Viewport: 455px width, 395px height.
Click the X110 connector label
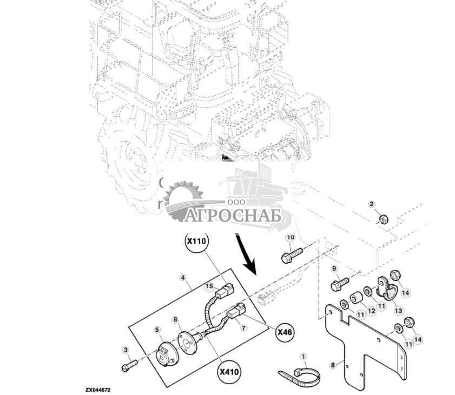point(196,243)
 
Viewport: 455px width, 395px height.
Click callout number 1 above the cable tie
point(304,357)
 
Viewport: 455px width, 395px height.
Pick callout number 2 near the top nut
point(371,204)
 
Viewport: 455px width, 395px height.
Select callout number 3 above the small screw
point(126,351)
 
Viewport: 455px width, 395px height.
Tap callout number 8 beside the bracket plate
point(332,365)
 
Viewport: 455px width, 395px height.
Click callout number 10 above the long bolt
point(290,237)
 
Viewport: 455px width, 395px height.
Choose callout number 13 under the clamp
point(398,311)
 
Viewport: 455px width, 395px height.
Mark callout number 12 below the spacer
point(371,311)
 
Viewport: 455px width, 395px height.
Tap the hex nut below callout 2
point(382,219)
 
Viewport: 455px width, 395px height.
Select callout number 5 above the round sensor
point(157,330)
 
